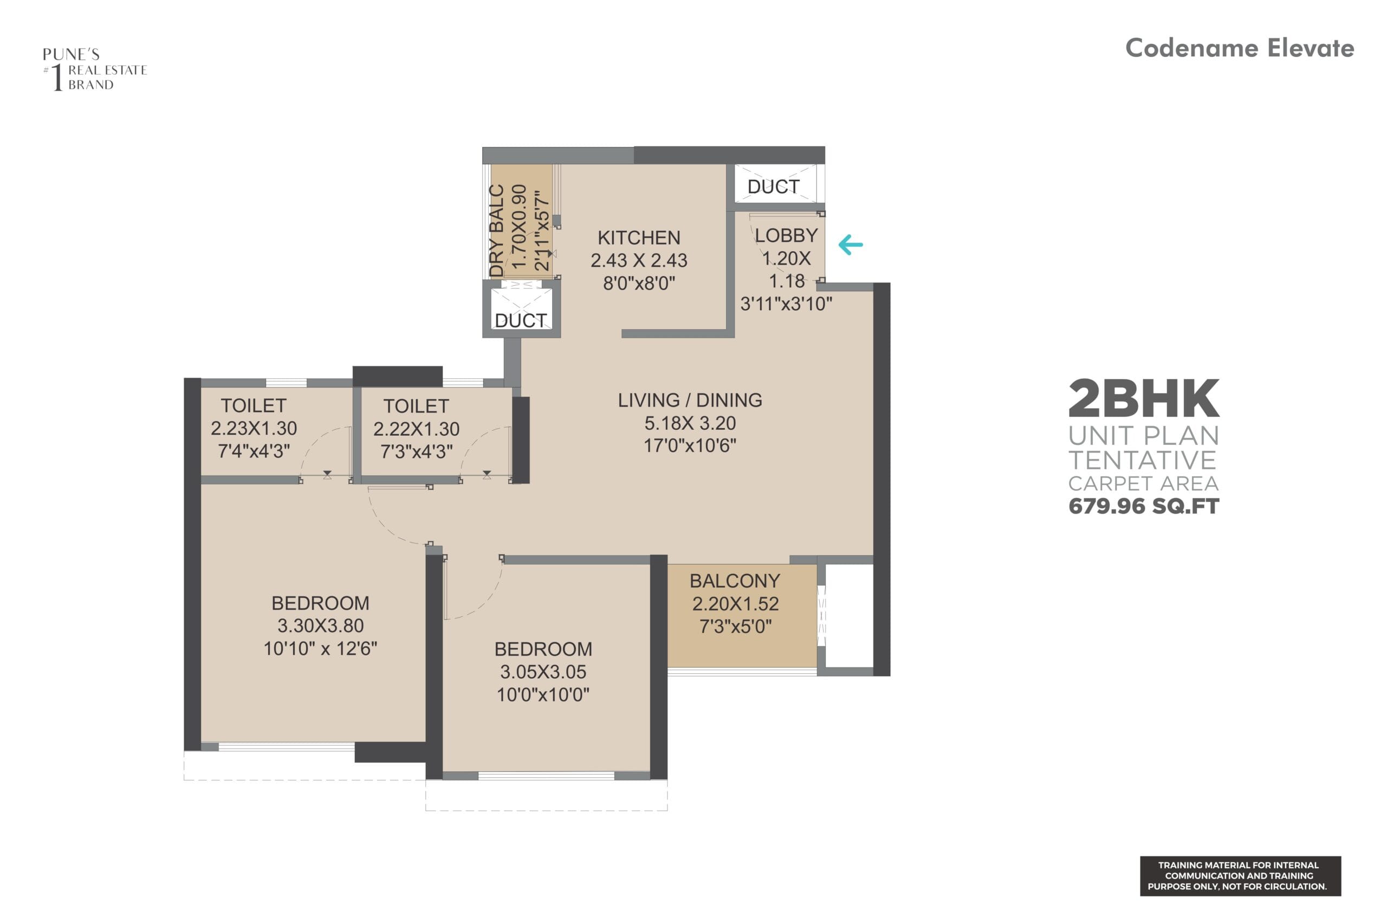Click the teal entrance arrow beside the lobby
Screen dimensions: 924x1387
(851, 245)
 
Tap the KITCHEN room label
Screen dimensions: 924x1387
(639, 238)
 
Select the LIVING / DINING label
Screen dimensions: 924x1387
(689, 400)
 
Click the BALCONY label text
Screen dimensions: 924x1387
(735, 581)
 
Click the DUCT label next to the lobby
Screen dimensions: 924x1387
(773, 187)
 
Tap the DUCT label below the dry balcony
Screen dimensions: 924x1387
(521, 320)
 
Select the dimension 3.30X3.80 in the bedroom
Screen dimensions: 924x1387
(320, 626)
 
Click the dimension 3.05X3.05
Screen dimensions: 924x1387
(543, 672)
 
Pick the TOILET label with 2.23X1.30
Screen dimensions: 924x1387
(254, 405)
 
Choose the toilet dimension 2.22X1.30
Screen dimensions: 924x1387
(416, 429)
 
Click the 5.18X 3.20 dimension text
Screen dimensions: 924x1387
(690, 423)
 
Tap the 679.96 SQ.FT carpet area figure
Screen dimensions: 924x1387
(1143, 506)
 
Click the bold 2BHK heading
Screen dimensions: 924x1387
(1143, 399)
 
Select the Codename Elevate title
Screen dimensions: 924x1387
(1240, 48)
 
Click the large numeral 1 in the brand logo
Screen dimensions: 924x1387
(57, 78)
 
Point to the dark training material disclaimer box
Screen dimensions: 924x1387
(1240, 876)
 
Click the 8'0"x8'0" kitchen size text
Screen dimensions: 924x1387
(639, 284)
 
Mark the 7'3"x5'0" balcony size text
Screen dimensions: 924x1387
(735, 626)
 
